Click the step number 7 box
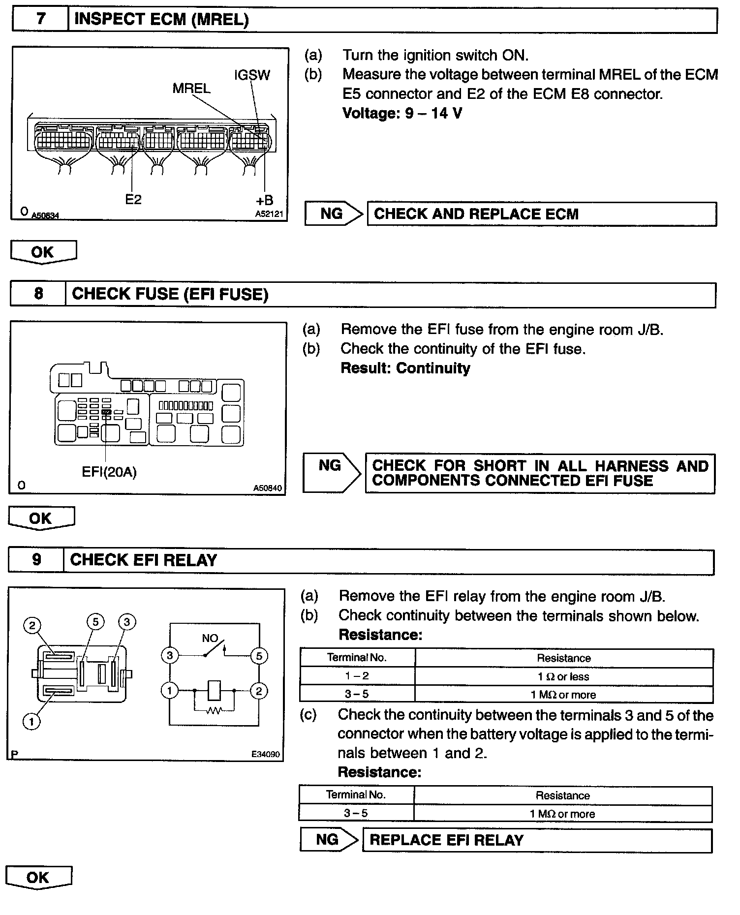40,20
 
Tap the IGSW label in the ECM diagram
252,75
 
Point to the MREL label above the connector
191,89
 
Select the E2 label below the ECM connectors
133,199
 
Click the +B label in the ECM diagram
264,200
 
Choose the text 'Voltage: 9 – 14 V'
402,114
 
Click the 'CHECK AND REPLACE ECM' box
541,214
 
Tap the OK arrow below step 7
43,252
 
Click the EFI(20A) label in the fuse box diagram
109,472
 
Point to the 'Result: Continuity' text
405,368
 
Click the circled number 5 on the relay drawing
95,622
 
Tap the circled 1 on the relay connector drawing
31,722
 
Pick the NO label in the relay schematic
210,638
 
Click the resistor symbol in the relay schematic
215,710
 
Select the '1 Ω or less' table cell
563,677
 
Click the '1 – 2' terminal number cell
357,676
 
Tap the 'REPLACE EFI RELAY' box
536,840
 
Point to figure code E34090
265,754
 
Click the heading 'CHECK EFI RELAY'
144,560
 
